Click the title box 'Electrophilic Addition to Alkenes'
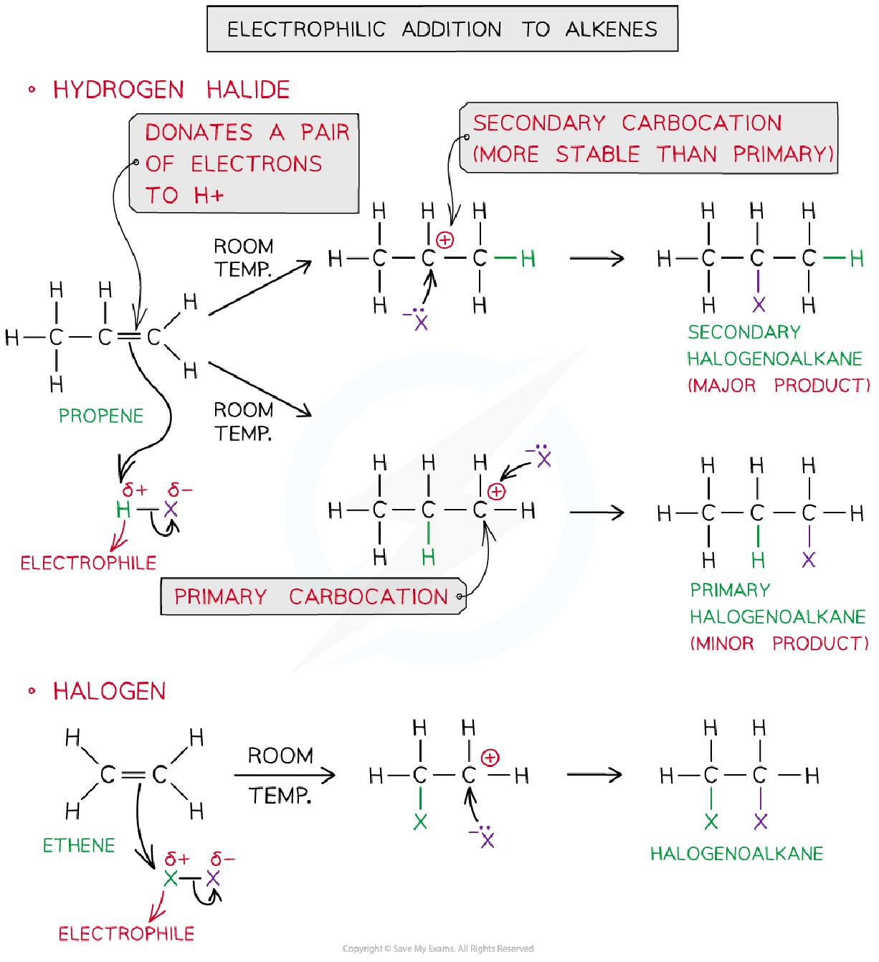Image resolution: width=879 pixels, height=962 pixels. [x=442, y=29]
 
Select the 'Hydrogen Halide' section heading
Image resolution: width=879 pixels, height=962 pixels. [x=171, y=90]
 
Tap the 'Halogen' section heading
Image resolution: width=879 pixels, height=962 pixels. [x=109, y=692]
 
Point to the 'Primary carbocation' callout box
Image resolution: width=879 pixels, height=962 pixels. [x=312, y=596]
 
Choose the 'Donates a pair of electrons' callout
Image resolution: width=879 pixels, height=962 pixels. [x=244, y=163]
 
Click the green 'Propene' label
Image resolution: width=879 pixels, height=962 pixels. [x=101, y=416]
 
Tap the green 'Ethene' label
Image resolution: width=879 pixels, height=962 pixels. [x=79, y=846]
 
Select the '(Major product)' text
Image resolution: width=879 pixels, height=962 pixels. [x=778, y=386]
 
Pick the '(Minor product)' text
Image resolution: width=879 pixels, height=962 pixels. [x=779, y=643]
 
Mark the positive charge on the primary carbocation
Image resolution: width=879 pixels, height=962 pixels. [x=496, y=492]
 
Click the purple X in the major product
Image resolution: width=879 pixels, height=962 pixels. [x=759, y=305]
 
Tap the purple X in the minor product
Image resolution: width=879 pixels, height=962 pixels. [x=809, y=559]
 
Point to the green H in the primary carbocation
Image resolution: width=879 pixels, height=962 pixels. [x=428, y=557]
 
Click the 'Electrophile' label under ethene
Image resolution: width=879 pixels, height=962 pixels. [x=126, y=933]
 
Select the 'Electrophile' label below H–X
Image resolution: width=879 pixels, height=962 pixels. [x=88, y=563]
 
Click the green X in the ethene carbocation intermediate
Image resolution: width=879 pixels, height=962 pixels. [x=420, y=821]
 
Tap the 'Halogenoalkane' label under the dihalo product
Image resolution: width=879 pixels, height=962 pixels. [x=736, y=854]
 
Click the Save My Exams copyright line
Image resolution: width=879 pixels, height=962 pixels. [x=438, y=948]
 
